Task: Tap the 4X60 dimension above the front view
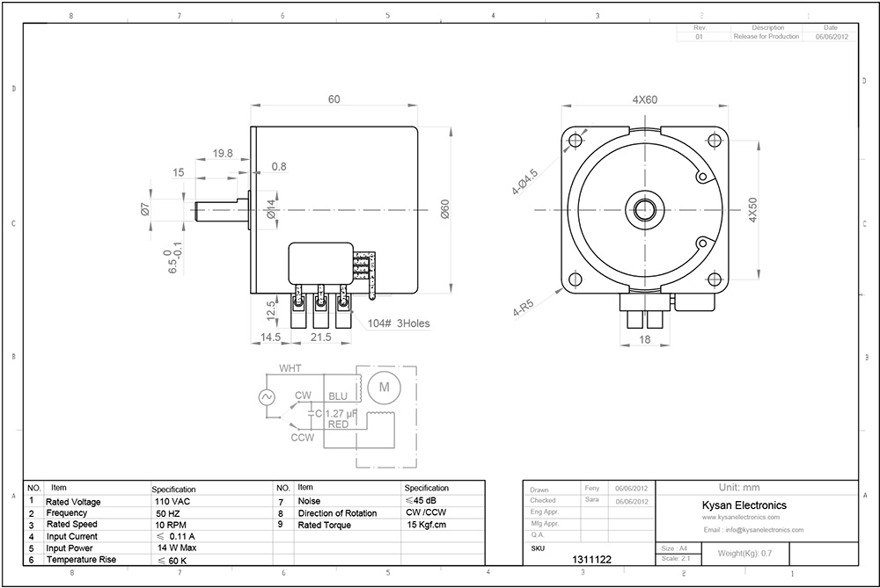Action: tap(645, 100)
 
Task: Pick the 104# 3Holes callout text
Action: tap(400, 323)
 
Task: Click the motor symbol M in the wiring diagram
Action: tap(384, 385)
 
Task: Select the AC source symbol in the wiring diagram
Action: tap(266, 397)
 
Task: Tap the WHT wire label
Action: tap(290, 368)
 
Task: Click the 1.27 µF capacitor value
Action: tap(341, 413)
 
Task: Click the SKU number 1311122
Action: tap(591, 558)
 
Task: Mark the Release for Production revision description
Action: tap(766, 37)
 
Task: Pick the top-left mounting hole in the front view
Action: tap(576, 140)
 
